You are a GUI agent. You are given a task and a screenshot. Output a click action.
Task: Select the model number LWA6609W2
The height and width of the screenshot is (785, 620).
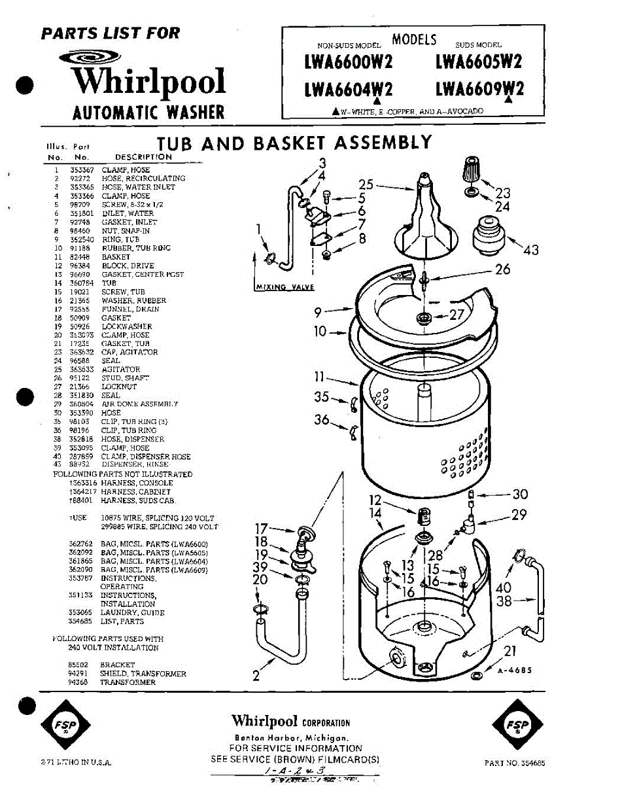(x=479, y=87)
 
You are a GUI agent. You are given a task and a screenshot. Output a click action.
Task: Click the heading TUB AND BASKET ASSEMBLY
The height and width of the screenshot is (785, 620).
(x=294, y=143)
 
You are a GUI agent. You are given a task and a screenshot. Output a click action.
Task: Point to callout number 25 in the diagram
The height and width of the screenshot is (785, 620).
(x=366, y=185)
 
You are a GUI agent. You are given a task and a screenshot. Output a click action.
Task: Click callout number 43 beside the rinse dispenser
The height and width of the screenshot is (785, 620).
(x=531, y=250)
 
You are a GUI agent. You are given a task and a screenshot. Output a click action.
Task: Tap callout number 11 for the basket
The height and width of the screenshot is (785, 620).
(x=319, y=377)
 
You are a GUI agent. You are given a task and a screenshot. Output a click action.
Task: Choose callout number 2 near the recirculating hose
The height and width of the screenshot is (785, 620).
(x=256, y=675)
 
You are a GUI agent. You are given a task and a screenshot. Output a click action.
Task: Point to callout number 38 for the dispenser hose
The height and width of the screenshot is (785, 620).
(x=504, y=601)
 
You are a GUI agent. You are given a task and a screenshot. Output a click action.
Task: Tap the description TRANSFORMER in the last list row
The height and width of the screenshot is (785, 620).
(x=128, y=682)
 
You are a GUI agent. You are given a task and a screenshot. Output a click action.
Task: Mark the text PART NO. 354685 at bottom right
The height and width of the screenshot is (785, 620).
(x=515, y=763)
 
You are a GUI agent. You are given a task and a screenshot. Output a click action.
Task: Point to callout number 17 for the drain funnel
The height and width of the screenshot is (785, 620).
(x=262, y=528)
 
